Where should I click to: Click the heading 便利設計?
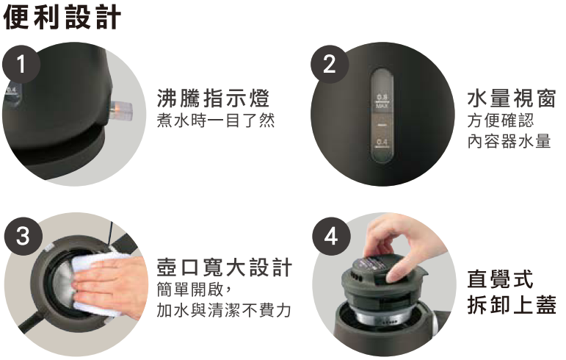coord(62,17)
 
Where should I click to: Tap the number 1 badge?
coord(21,64)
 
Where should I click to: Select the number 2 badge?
coord(330,64)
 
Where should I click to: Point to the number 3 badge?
coord(23,236)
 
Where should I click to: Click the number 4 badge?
coord(331,236)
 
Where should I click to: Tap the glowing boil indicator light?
coord(122,109)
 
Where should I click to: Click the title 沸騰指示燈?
coord(213,98)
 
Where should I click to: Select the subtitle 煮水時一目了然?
coord(216,120)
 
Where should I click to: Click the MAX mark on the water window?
coord(382,106)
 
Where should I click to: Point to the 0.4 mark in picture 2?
coord(382,142)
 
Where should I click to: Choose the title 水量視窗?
coord(511,98)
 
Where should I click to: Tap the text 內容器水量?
coord(509,141)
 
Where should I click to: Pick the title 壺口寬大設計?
coord(224,267)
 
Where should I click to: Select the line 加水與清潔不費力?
coord(224,310)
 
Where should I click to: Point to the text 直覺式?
coord(500,279)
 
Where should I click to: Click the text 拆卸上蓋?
coord(511,304)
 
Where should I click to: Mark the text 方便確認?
coord(501,120)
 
